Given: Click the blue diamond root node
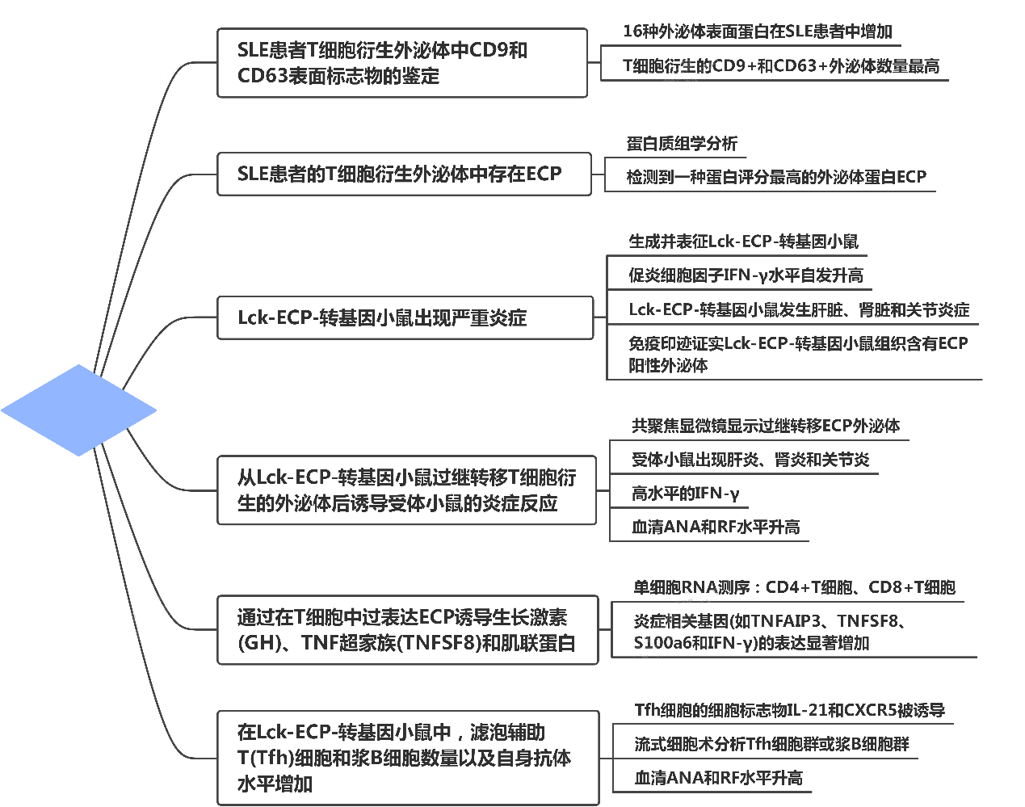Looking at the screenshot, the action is click(78, 410).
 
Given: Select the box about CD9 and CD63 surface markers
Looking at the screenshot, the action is click(402, 63).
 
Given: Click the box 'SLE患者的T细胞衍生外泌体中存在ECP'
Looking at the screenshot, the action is click(404, 174).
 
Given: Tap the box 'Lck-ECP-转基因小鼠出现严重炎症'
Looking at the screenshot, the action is click(405, 317).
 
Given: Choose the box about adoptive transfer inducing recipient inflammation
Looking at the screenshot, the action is click(406, 490).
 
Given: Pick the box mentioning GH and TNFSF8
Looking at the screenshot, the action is click(407, 630).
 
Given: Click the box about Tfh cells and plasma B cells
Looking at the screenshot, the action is click(408, 758).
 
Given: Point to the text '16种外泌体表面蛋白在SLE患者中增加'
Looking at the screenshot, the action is click(758, 32).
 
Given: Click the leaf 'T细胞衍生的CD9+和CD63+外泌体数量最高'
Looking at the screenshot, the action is click(781, 65).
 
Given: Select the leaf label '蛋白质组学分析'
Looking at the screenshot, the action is click(682, 144).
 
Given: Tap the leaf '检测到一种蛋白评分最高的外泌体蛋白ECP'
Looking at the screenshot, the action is click(776, 177).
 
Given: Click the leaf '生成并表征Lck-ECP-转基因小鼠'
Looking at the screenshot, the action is click(743, 242).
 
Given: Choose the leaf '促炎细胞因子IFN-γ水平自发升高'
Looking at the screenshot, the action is click(746, 275).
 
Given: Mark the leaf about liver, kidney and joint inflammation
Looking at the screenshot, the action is click(799, 309).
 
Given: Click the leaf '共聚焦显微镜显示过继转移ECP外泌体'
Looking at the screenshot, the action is click(766, 426).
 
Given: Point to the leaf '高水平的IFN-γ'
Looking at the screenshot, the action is click(685, 493).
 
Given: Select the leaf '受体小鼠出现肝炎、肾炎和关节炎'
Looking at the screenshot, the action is click(750, 459).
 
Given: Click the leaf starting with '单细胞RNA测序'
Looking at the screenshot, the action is click(794, 587).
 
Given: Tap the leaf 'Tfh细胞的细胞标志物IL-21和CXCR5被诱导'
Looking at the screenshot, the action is click(790, 710).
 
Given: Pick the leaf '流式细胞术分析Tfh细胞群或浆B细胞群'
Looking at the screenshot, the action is click(771, 744).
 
